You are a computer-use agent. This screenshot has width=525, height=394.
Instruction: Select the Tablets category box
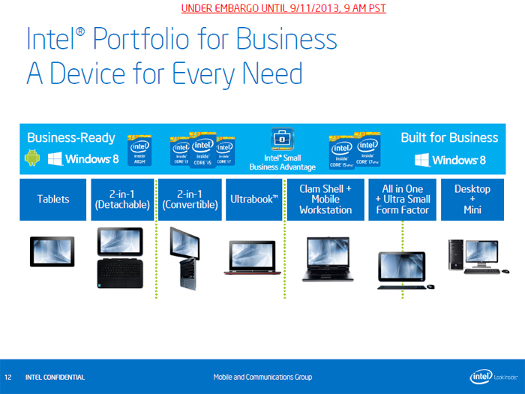53,200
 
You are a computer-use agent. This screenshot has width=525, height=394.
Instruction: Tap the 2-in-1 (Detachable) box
122,200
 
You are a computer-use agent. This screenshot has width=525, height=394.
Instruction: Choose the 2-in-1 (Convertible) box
191,200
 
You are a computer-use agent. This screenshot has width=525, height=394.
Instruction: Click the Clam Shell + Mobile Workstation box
325,200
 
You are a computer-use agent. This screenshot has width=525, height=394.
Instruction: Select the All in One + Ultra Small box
403,200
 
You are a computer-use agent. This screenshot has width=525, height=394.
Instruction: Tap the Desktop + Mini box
472,200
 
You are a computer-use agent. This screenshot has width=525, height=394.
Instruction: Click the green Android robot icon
32,158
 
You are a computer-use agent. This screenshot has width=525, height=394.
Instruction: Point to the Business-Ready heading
71,138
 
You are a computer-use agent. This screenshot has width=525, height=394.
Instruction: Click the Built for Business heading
449,138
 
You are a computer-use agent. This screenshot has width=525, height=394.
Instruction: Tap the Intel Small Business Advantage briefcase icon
282,140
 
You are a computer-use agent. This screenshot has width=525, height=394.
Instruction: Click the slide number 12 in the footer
8,377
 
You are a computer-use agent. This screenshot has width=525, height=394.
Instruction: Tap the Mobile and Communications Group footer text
262,377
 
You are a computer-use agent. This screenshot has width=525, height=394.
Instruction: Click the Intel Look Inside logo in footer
491,376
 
